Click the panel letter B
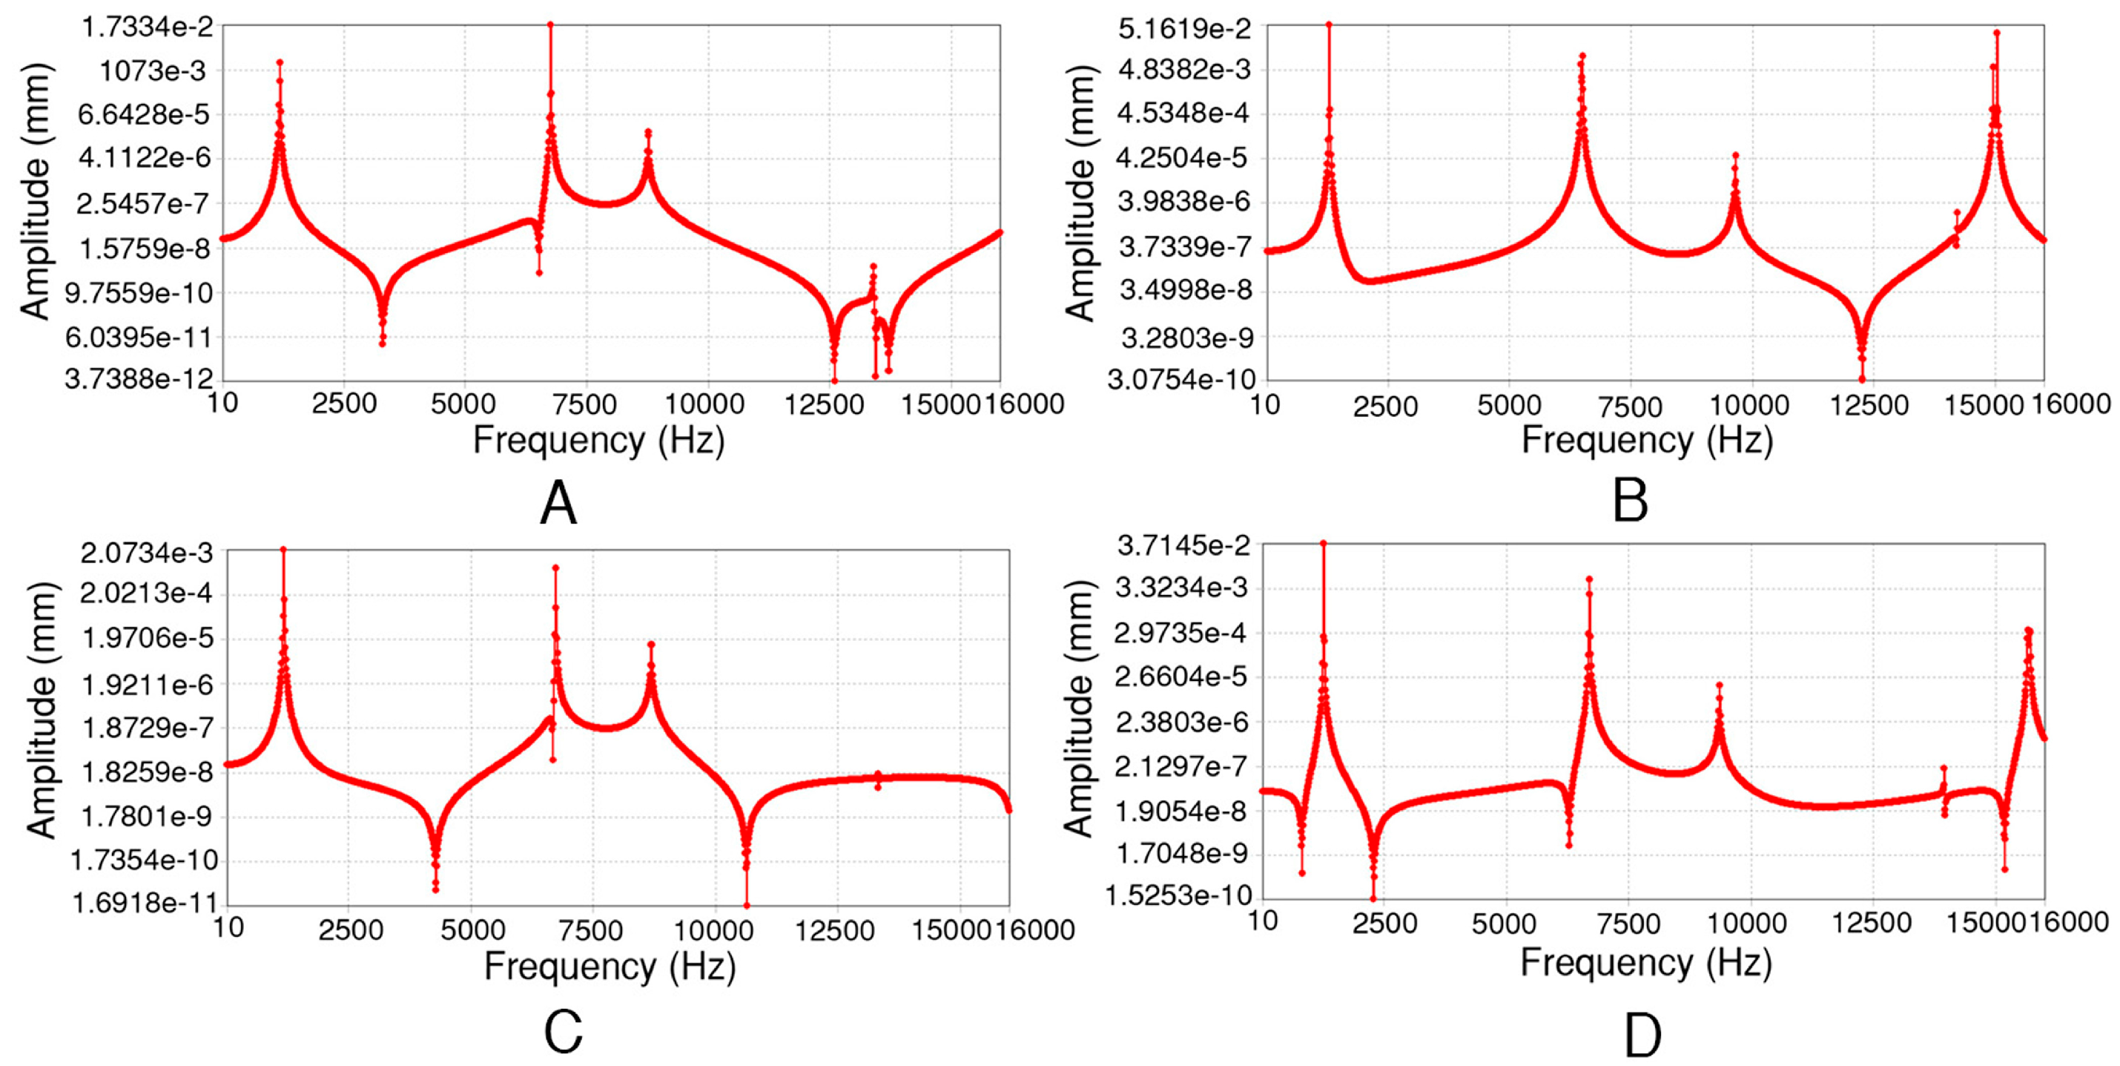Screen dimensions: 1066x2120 1630,501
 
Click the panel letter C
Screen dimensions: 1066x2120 563,1030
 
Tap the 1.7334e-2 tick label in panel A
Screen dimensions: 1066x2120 147,27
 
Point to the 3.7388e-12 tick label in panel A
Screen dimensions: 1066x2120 139,380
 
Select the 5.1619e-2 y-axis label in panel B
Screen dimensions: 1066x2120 1184,28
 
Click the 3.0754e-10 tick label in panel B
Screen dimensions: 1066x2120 1181,381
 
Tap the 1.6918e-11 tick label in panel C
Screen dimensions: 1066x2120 144,903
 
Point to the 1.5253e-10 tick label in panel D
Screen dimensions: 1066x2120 1178,895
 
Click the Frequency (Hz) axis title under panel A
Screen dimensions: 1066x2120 598,441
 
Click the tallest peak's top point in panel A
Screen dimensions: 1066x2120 550,24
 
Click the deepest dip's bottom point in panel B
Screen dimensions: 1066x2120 1862,380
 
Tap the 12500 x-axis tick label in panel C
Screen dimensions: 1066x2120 836,930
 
